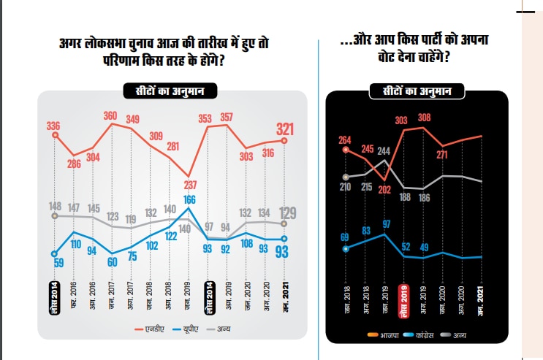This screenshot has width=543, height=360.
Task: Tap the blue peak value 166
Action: tap(189, 199)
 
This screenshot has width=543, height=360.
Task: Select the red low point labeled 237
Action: tap(189, 183)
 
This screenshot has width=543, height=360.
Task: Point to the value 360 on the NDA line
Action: tap(111, 115)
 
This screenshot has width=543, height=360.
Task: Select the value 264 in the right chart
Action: tap(346, 140)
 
